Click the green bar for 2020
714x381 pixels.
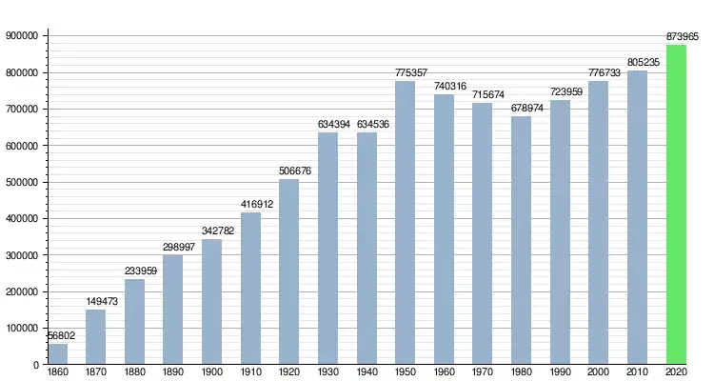[676, 205]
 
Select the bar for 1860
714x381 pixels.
[57, 353]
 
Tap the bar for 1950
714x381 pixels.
[406, 223]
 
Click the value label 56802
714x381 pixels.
[60, 335]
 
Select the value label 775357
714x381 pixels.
[406, 72]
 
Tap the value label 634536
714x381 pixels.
[367, 124]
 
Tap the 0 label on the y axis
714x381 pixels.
[35, 365]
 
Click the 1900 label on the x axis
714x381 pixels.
[212, 371]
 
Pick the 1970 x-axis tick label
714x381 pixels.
[483, 371]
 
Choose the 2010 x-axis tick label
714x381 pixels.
[637, 371]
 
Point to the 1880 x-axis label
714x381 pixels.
[135, 371]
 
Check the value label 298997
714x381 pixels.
[173, 247]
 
